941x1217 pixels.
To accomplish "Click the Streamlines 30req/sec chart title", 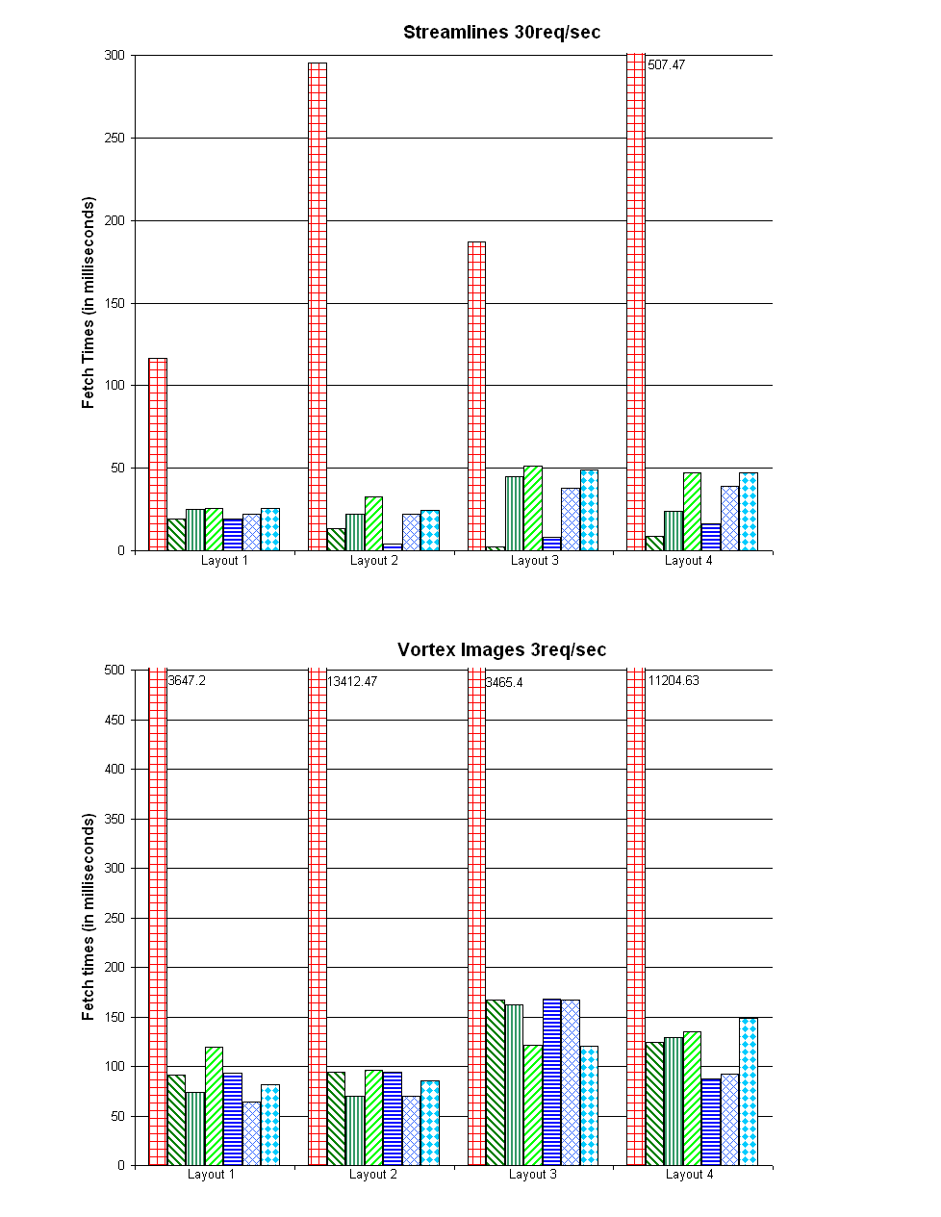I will [x=501, y=33].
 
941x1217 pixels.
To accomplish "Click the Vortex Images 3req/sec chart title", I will [x=501, y=650].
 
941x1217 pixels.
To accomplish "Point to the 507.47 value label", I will [x=667, y=65].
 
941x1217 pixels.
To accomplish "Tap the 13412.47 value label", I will [x=352, y=682].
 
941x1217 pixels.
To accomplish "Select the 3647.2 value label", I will [x=187, y=681].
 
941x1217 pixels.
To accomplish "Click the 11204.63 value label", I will [x=674, y=681].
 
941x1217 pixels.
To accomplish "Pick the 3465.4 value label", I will [x=504, y=683].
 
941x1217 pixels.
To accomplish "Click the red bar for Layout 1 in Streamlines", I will [x=158, y=454].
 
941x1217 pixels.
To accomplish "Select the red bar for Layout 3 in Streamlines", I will [x=476, y=395].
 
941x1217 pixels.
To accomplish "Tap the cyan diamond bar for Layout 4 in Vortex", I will [x=749, y=1091].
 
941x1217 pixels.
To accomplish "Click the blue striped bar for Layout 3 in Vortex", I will [x=551, y=1081].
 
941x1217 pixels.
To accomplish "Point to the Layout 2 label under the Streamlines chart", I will [x=374, y=561].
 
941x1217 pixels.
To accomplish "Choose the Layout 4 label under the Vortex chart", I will [x=690, y=1175].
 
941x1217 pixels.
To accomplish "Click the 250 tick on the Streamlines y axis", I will [x=114, y=139].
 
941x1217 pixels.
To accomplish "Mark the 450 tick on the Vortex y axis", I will [x=114, y=721].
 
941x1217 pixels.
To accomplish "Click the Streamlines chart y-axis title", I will [x=89, y=303].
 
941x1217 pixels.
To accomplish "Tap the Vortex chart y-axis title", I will [x=89, y=917].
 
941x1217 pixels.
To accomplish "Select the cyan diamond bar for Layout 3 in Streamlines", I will [x=589, y=510].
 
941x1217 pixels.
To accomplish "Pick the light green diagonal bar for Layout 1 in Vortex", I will [x=214, y=1105].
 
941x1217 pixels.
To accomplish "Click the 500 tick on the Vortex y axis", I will [x=114, y=671].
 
